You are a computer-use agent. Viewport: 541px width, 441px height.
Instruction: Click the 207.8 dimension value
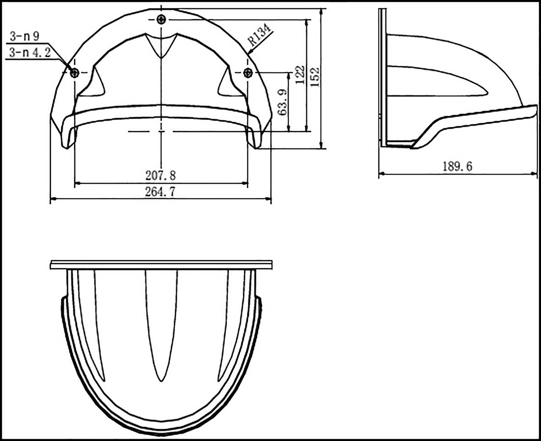pos(161,175)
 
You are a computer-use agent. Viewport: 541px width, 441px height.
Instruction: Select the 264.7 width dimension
pos(160,191)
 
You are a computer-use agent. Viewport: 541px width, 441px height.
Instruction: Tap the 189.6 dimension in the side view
pos(457,167)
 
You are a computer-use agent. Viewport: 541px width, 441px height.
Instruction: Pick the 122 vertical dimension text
pos(300,75)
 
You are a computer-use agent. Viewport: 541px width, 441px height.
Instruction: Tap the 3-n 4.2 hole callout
pos(28,53)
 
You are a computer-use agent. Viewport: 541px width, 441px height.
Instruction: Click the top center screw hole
pos(161,19)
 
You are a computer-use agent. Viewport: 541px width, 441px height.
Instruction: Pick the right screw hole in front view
pos(248,72)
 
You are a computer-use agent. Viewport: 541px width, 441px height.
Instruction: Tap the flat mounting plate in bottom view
pos(161,265)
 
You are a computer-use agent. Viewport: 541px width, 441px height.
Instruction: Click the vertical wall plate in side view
pos(382,78)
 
